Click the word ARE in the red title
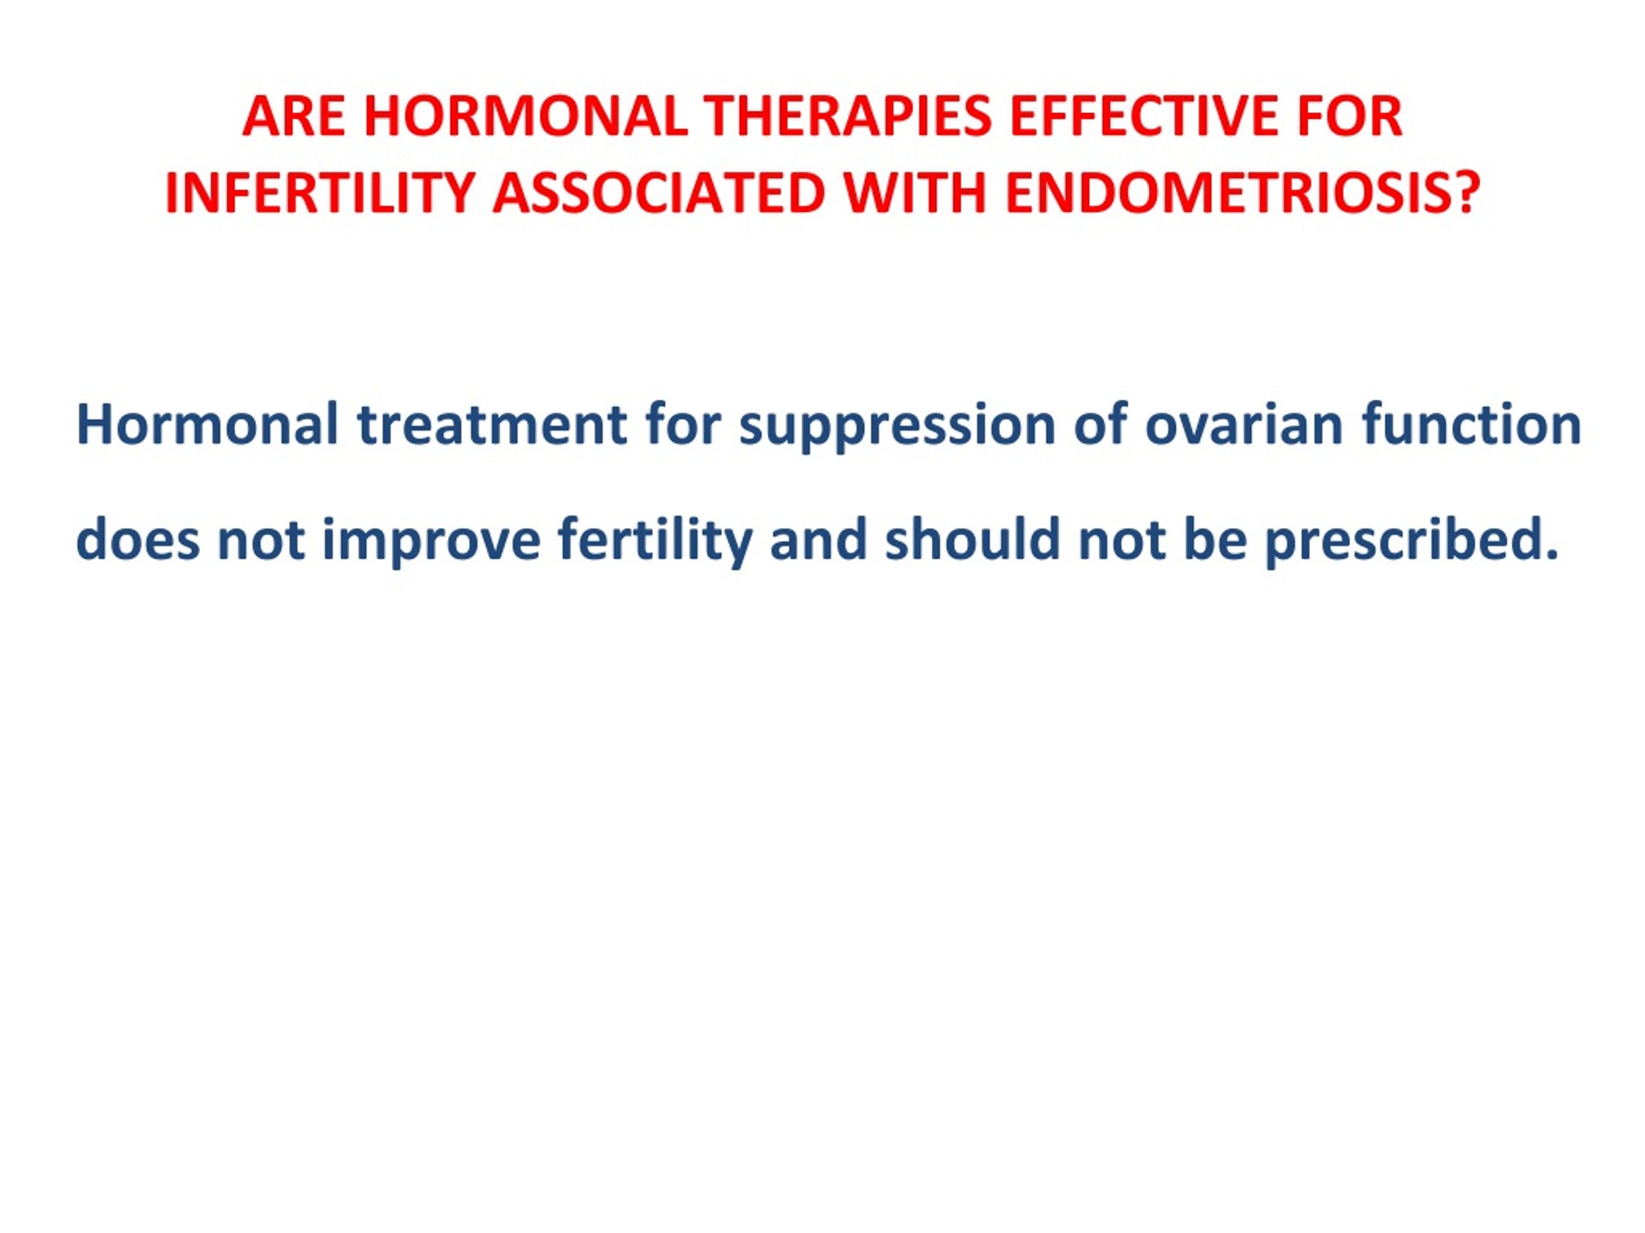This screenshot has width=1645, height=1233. pyautogui.click(x=294, y=117)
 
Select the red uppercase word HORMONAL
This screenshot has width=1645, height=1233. pyautogui.click(x=526, y=117)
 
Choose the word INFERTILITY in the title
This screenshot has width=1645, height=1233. pyautogui.click(x=320, y=193)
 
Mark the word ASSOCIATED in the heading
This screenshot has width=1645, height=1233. pyautogui.click(x=659, y=193)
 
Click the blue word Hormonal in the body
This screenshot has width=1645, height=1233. pyautogui.click(x=208, y=425)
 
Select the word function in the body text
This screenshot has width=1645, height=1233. pyautogui.click(x=1472, y=425)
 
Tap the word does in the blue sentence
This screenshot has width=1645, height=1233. pyautogui.click(x=138, y=539)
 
